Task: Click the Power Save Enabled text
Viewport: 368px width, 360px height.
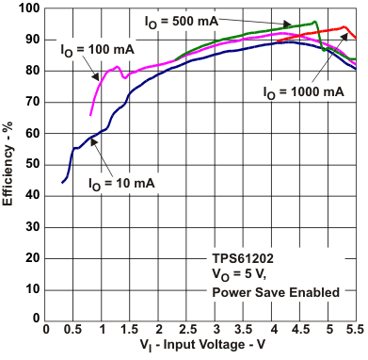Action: [275, 293]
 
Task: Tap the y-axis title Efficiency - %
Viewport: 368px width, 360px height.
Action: [9, 165]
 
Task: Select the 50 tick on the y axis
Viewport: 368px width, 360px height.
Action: [31, 165]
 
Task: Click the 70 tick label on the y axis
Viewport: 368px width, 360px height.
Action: [31, 102]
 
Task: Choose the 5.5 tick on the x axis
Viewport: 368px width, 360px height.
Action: [356, 332]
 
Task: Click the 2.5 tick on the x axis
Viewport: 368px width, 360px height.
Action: [187, 332]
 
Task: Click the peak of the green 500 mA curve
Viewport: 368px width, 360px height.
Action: [314, 22]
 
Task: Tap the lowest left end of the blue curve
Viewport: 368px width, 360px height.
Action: [62, 182]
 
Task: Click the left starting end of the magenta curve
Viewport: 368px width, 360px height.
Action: [90, 115]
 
